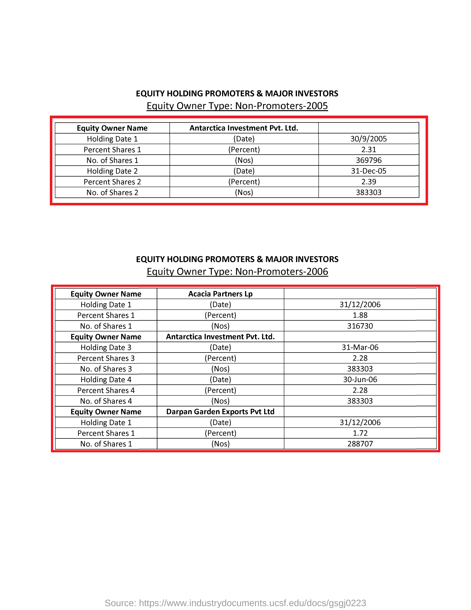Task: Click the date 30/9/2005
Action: click(x=368, y=139)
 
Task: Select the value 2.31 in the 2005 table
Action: click(x=368, y=150)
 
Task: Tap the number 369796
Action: click(x=368, y=160)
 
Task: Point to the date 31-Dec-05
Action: click(x=368, y=171)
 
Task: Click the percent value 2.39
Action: click(x=368, y=182)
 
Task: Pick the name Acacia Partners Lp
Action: click(x=220, y=294)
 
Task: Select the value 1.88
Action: click(x=360, y=315)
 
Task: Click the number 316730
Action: click(x=360, y=326)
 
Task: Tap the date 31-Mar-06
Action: click(x=360, y=348)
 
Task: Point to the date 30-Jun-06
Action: click(x=360, y=380)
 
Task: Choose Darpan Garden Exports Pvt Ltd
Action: click(x=220, y=412)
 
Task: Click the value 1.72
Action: click(x=360, y=433)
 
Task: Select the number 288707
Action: click(x=360, y=444)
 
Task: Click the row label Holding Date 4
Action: click(x=106, y=380)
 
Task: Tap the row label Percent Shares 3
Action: click(x=106, y=358)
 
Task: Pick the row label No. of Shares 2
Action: click(x=112, y=193)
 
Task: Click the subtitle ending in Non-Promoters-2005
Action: click(x=237, y=106)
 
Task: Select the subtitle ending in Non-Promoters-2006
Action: click(x=237, y=272)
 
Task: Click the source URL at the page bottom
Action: click(x=235, y=603)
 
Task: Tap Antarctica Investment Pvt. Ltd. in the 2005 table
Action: click(x=244, y=128)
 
